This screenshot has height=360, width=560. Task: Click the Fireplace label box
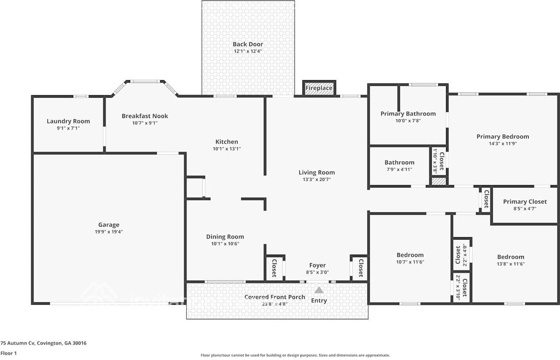click(x=319, y=88)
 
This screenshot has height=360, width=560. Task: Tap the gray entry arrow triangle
click(x=319, y=290)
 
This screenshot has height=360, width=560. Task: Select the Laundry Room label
click(x=68, y=121)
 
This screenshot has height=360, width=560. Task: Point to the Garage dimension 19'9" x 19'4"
click(x=109, y=232)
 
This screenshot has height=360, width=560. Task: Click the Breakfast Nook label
click(x=145, y=116)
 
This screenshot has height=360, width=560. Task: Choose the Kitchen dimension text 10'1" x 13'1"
click(x=227, y=149)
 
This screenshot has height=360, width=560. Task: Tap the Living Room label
click(x=317, y=172)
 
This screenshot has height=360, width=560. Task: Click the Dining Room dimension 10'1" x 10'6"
click(x=225, y=244)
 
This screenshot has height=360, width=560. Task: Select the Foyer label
click(x=318, y=265)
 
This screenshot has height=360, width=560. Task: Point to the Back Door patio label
click(x=248, y=44)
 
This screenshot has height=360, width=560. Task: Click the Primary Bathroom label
click(x=408, y=114)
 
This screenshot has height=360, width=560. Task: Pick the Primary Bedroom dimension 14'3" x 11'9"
click(x=503, y=143)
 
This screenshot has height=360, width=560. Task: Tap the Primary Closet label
click(x=525, y=202)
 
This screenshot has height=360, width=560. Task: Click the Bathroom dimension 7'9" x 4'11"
click(x=399, y=169)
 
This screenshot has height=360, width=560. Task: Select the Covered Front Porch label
click(x=275, y=297)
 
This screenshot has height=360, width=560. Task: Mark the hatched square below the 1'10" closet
click(x=439, y=181)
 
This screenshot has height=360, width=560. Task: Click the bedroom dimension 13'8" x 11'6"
click(x=511, y=264)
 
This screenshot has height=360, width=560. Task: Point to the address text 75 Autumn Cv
click(x=17, y=343)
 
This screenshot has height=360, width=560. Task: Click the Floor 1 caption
click(x=8, y=353)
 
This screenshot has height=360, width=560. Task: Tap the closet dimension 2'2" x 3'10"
click(x=458, y=287)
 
